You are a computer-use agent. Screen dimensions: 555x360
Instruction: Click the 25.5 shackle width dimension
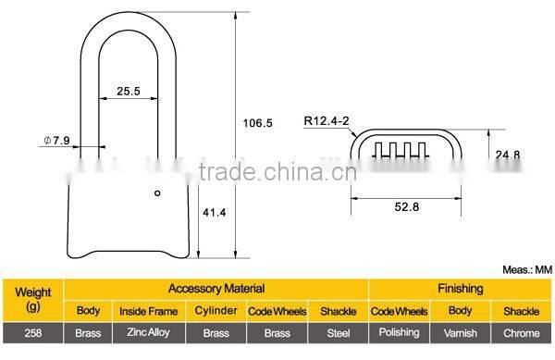click(128, 92)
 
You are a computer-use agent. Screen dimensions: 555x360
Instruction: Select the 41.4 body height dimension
click(215, 213)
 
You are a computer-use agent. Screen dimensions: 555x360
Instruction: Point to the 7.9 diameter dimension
click(57, 141)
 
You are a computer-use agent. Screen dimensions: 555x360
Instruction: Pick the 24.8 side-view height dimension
click(508, 155)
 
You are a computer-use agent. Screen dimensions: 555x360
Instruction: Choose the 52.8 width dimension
click(406, 207)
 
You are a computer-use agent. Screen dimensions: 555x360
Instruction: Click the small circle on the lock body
click(157, 193)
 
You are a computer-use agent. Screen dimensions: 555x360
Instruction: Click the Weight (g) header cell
click(33, 297)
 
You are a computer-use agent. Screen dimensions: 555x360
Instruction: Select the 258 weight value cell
click(33, 332)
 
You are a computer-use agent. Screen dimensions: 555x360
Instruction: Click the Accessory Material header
click(216, 289)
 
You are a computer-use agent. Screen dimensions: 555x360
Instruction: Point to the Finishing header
click(461, 289)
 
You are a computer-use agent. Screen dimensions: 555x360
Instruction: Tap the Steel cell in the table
click(338, 332)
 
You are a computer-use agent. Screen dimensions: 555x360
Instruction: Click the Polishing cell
click(399, 332)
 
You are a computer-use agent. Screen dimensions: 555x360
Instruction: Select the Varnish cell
click(461, 332)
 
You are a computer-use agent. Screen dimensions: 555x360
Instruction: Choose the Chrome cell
click(522, 332)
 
